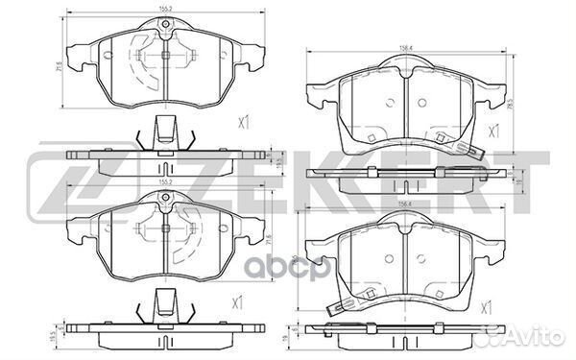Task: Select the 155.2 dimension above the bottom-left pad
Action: click(x=165, y=180)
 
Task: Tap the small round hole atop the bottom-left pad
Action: click(x=165, y=199)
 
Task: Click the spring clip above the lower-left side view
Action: click(x=164, y=305)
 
